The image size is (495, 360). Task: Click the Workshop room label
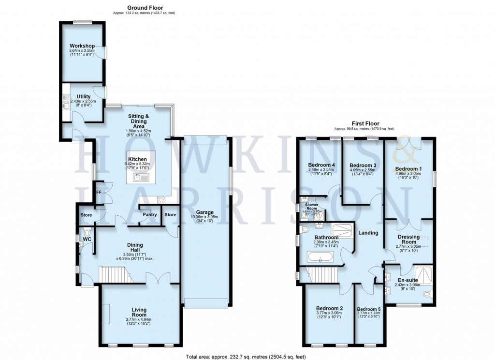point(82,46)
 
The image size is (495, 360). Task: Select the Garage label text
point(205,212)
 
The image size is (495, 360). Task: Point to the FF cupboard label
point(99,192)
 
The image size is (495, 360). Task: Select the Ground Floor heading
point(145,8)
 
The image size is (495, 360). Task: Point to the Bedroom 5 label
point(368,309)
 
